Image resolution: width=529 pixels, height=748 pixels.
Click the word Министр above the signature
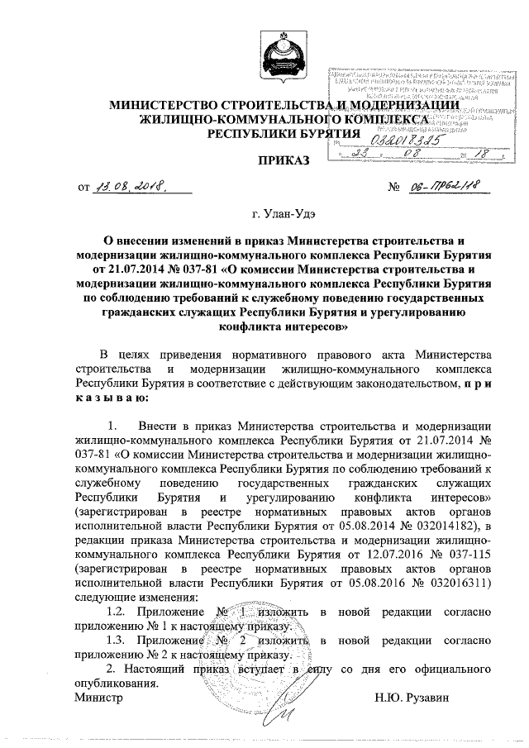click(98, 698)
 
